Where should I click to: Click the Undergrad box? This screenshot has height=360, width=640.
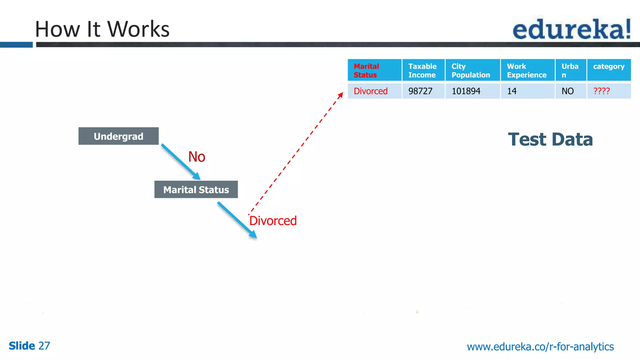[x=118, y=136]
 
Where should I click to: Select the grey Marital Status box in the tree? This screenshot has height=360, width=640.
[x=196, y=190]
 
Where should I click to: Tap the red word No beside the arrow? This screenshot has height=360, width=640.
[x=197, y=157]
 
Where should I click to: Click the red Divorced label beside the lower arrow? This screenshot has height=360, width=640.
[x=273, y=221]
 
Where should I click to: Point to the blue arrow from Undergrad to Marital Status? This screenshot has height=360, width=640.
[x=180, y=162]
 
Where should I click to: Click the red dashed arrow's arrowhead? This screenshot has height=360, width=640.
[x=341, y=95]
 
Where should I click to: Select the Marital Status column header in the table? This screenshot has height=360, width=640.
[x=374, y=70]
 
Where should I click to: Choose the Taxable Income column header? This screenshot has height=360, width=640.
[x=423, y=70]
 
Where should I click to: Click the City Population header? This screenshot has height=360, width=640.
[x=472, y=70]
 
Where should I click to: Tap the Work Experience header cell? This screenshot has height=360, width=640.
[x=527, y=70]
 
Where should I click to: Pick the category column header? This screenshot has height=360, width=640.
[x=609, y=67]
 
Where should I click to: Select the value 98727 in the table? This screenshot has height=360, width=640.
[x=420, y=91]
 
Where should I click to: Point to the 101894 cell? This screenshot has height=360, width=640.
[x=466, y=91]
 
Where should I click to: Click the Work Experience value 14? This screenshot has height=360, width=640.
[x=512, y=91]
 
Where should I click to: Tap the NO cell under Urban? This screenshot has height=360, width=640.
[x=567, y=91]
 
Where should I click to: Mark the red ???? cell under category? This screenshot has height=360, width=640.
[x=602, y=91]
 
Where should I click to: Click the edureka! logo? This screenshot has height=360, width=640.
[x=572, y=29]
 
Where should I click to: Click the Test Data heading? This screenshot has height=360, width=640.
[x=550, y=139]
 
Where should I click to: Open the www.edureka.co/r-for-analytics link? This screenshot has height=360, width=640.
[x=540, y=347]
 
